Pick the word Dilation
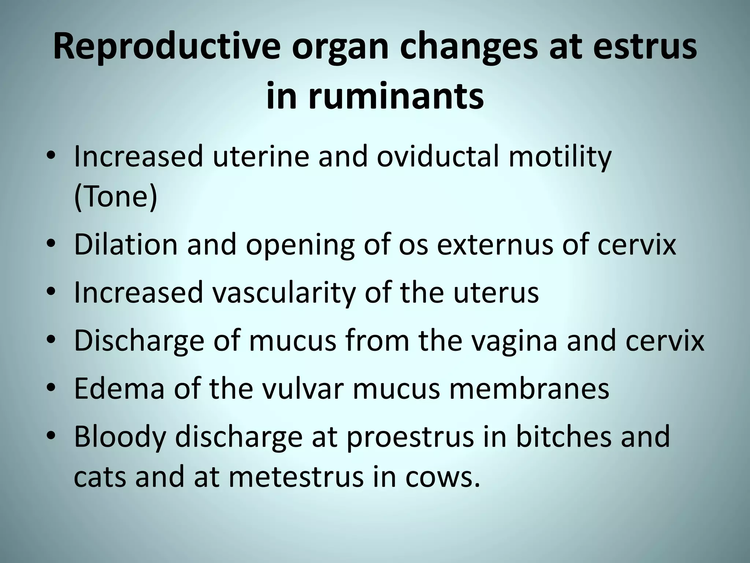[x=126, y=244]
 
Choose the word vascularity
[x=284, y=292]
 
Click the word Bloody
[x=120, y=437]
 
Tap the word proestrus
[x=410, y=437]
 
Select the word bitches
[x=564, y=437]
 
